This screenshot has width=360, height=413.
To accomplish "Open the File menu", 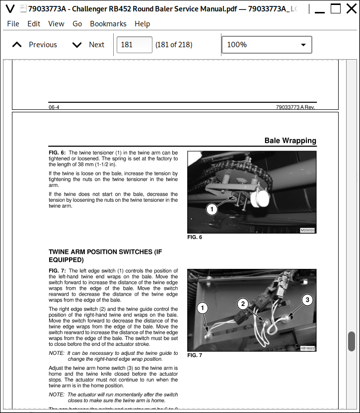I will click(13, 24).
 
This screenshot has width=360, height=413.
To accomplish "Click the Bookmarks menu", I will click(108, 24).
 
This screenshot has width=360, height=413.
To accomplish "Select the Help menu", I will click(142, 24).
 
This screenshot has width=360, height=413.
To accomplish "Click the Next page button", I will click(88, 45).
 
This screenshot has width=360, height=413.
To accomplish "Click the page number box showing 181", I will click(134, 45).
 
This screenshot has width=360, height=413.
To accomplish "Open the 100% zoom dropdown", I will click(267, 45).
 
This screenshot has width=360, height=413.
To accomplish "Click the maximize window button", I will click(336, 8).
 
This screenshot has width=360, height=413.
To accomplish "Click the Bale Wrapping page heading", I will click(290, 141).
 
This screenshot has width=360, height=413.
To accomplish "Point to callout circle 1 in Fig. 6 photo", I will click(212, 209).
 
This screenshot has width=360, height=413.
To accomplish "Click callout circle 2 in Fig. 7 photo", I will click(243, 304).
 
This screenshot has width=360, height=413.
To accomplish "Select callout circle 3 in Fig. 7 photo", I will click(307, 300).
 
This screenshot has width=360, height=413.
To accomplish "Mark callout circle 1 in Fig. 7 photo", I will click(202, 308).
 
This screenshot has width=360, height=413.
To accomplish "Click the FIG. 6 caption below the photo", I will click(195, 238).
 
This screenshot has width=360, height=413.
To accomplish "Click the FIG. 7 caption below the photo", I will click(195, 355).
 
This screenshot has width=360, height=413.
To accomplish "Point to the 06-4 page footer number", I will click(54, 107).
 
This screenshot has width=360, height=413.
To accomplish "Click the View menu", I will click(56, 24).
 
